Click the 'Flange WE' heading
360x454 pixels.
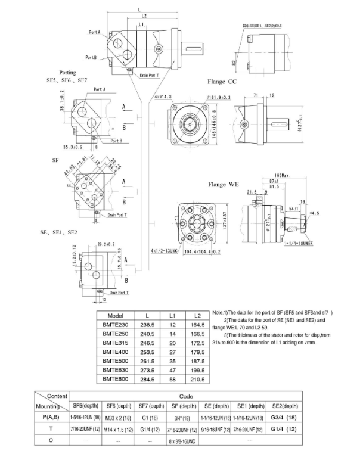pos(223,185)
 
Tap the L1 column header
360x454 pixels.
pos(172,316)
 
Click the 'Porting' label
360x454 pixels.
pos(67,73)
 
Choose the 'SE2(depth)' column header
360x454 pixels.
pos(283,405)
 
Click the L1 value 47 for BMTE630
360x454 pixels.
pos(172,370)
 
